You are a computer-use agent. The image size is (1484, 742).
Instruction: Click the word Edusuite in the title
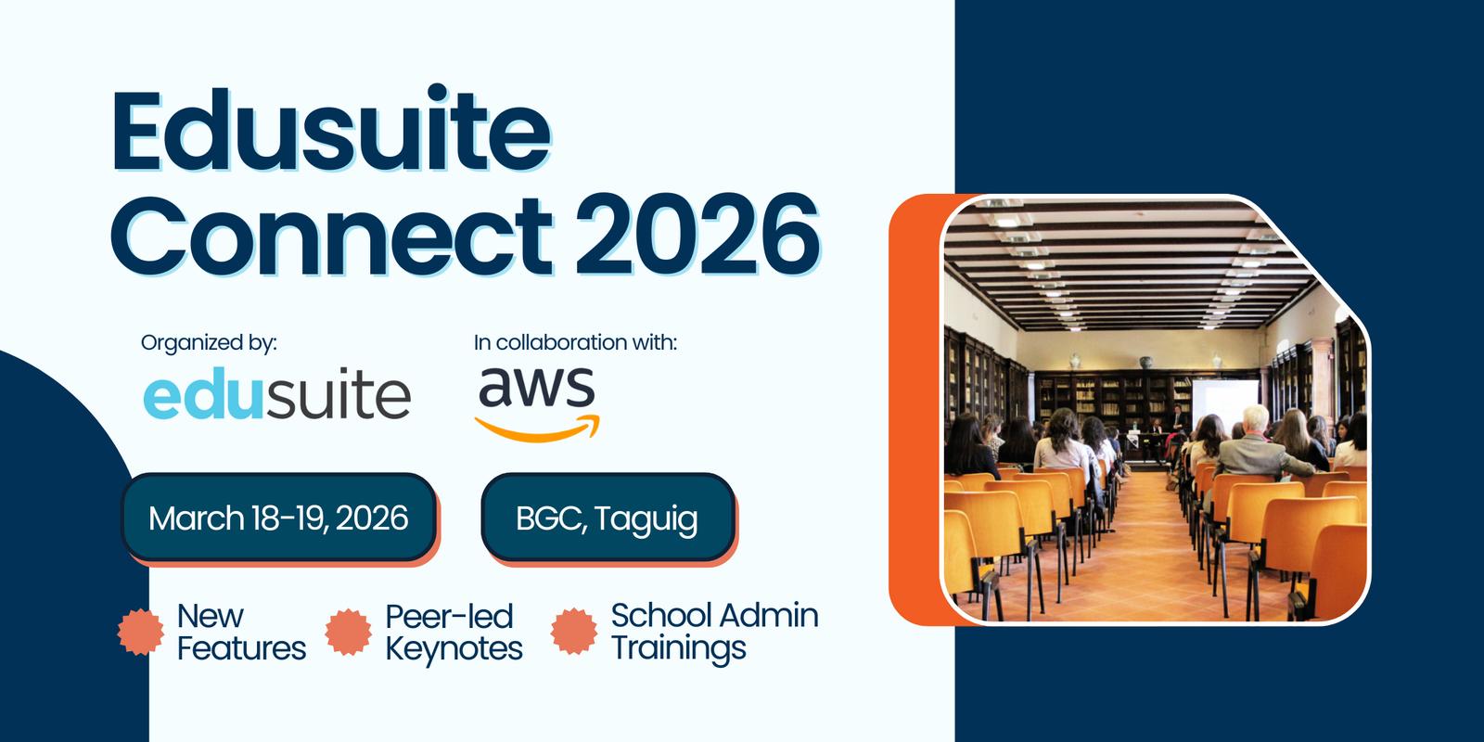(x=331, y=129)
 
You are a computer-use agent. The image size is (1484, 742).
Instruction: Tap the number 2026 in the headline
(x=697, y=235)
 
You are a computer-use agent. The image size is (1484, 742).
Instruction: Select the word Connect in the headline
(x=331, y=235)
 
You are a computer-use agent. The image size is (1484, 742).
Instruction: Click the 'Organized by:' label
(x=209, y=342)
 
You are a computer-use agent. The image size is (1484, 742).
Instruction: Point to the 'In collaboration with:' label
(x=575, y=342)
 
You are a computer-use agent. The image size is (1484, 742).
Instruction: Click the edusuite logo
(x=277, y=393)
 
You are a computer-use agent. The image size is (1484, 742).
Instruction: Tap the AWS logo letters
(x=537, y=388)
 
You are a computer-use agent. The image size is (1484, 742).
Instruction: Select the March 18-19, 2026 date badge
(x=278, y=518)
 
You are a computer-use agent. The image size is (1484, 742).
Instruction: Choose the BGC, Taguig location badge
(x=608, y=518)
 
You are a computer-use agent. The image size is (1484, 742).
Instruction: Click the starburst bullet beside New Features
(x=140, y=632)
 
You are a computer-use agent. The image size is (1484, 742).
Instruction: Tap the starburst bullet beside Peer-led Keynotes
(x=349, y=632)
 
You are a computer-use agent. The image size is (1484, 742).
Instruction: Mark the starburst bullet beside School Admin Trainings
(x=574, y=632)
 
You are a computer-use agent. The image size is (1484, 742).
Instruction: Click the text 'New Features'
(x=241, y=632)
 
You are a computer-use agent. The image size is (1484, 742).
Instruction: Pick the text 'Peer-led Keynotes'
(x=454, y=633)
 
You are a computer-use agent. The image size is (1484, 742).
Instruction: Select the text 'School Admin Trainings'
(x=714, y=632)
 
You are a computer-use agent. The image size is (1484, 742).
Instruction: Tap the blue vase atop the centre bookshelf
(x=1145, y=363)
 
